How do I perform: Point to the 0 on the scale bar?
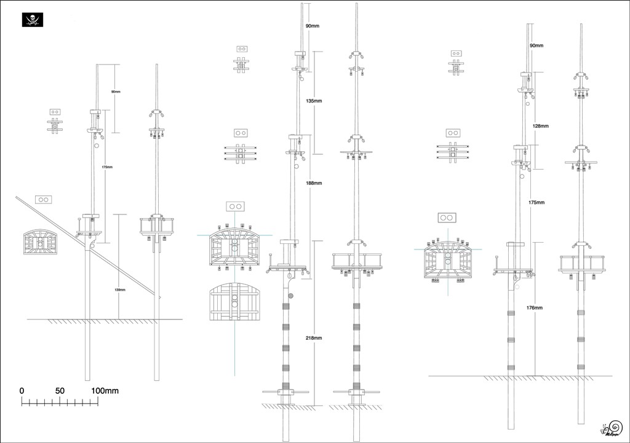coord(22,391)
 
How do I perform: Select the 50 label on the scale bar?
coord(60,391)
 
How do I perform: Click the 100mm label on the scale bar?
coord(105,391)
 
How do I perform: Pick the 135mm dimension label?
coord(314,101)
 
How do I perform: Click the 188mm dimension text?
coord(314,183)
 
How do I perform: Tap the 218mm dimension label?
coord(314,338)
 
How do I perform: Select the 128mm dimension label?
coord(540,126)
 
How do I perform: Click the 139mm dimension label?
coord(120,289)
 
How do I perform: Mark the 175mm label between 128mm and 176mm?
coord(536,202)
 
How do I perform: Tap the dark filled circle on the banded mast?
coord(290,296)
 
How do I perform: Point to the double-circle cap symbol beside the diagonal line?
coord(44,200)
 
